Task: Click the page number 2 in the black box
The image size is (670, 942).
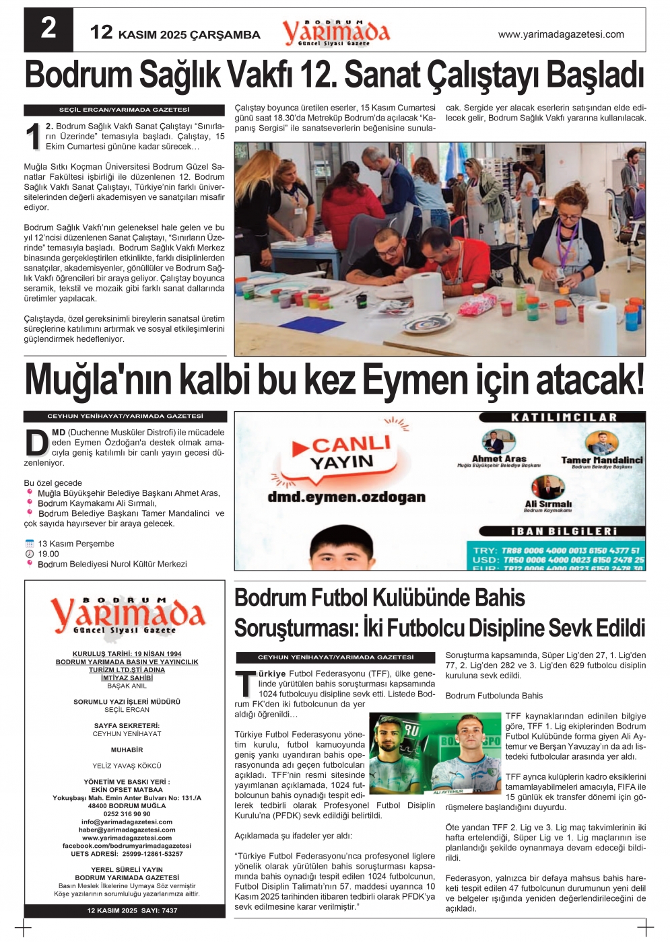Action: pyautogui.click(x=48, y=29)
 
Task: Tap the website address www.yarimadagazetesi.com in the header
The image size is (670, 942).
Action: pyautogui.click(x=560, y=34)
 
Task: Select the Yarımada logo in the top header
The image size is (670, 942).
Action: pyautogui.click(x=335, y=32)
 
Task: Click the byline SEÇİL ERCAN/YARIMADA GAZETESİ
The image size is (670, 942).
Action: pyautogui.click(x=125, y=110)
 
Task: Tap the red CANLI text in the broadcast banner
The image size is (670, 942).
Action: pyautogui.click(x=350, y=444)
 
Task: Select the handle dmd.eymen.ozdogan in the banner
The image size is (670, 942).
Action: pyautogui.click(x=346, y=497)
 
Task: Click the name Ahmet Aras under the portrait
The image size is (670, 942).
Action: pyautogui.click(x=499, y=458)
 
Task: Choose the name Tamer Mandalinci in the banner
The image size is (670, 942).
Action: pyautogui.click(x=601, y=460)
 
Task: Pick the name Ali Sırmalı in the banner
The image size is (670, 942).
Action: pyautogui.click(x=547, y=503)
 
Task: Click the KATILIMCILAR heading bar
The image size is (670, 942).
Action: pyautogui.click(x=564, y=417)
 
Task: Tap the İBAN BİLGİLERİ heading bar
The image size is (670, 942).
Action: pyautogui.click(x=564, y=531)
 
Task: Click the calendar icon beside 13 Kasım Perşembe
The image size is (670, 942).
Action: pyautogui.click(x=29, y=544)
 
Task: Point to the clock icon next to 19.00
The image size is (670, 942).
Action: pyautogui.click(x=29, y=554)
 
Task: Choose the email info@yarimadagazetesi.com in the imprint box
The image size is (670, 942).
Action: pyautogui.click(x=127, y=822)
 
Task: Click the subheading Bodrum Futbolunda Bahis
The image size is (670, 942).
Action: pyautogui.click(x=494, y=696)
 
